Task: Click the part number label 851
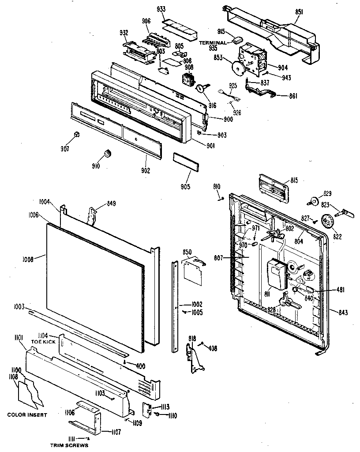pyautogui.click(x=299, y=12)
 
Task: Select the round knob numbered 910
pyautogui.click(x=107, y=154)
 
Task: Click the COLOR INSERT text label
pyautogui.click(x=27, y=415)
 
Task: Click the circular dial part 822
pyautogui.click(x=327, y=221)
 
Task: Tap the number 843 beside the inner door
pyautogui.click(x=343, y=313)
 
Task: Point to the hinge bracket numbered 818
pyautogui.click(x=195, y=358)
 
